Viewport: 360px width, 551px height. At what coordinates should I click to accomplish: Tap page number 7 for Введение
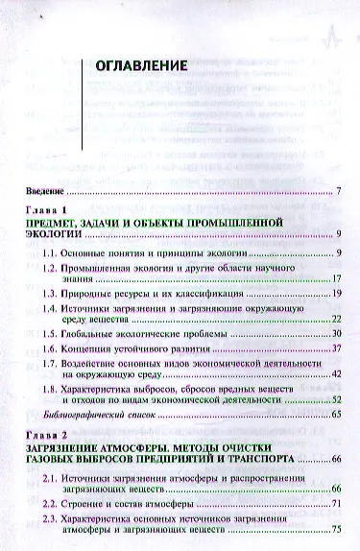(339, 191)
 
